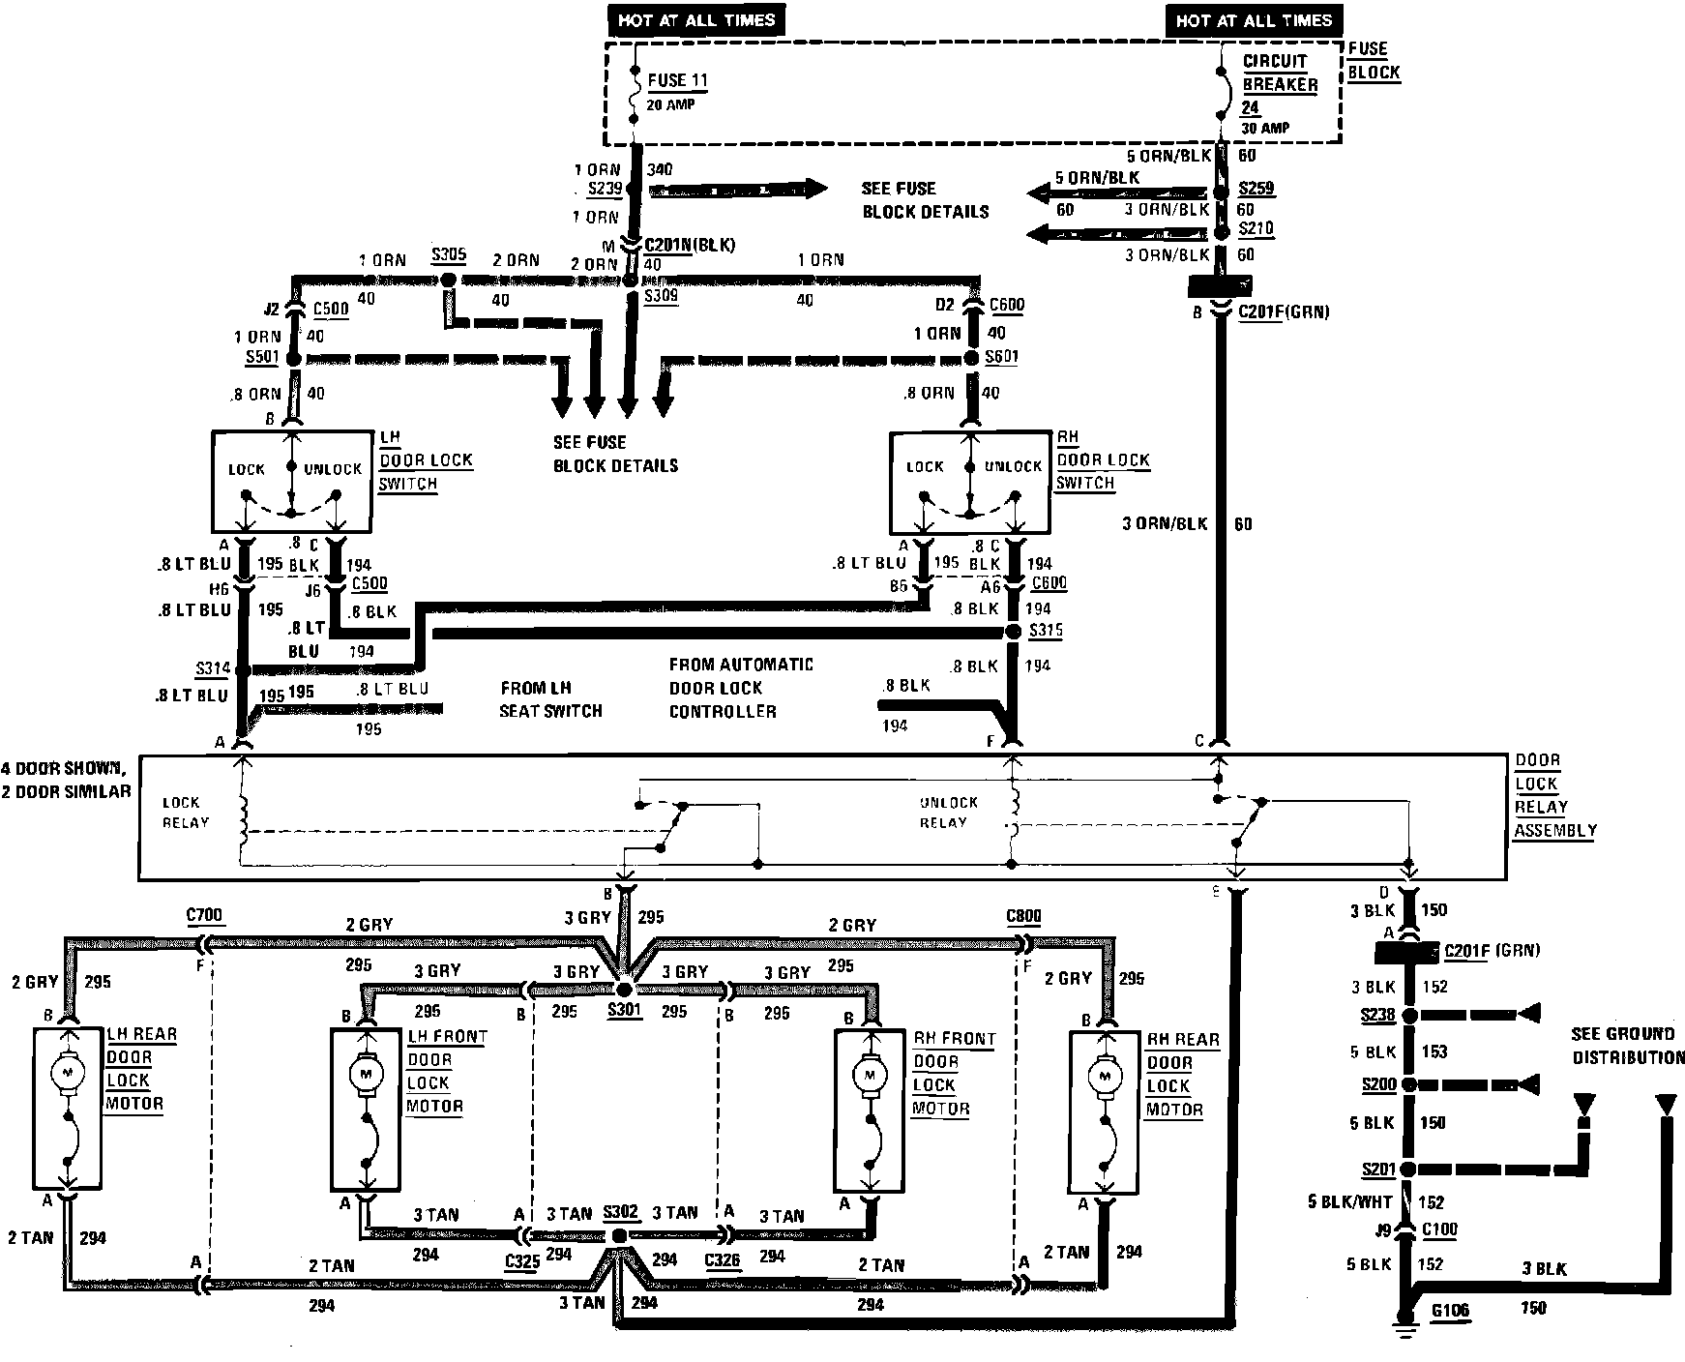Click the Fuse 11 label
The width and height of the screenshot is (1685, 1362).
point(679,81)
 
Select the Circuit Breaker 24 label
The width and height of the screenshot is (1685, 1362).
point(1279,84)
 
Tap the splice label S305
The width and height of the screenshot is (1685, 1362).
point(449,256)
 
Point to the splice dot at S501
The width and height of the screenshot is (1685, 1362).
point(294,358)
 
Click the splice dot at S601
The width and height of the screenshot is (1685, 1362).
point(971,358)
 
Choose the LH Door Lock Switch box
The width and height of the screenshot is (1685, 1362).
point(291,482)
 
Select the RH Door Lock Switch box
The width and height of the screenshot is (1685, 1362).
point(968,482)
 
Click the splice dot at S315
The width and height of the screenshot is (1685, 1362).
point(1013,632)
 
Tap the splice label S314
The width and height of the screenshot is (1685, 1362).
point(212,668)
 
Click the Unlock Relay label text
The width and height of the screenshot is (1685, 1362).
point(948,813)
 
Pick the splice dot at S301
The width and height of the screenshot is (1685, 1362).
point(624,990)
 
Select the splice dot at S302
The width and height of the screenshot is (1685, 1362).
point(619,1236)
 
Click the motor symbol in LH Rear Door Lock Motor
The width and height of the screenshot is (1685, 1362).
point(66,1072)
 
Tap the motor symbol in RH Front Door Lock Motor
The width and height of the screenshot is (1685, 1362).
point(869,1073)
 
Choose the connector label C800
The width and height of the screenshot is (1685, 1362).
point(1023,915)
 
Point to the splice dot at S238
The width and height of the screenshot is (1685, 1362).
point(1408,1015)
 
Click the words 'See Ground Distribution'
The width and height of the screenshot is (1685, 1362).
point(1627,1046)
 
